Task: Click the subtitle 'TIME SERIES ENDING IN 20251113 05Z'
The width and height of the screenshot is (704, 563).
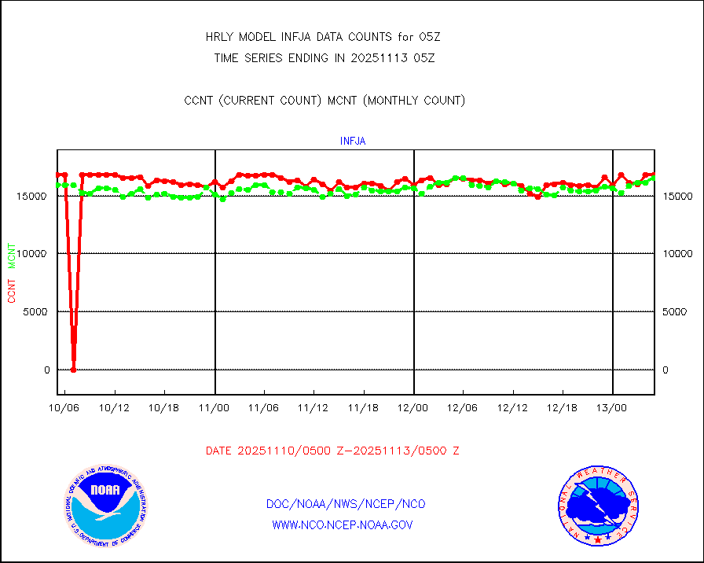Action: click(x=324, y=57)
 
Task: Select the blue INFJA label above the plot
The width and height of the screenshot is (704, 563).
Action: click(x=352, y=142)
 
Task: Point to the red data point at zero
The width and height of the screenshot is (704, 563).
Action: click(x=73, y=369)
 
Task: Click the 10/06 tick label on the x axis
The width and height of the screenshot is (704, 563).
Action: click(x=64, y=408)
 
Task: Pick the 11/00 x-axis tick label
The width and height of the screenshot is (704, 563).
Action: click(x=214, y=408)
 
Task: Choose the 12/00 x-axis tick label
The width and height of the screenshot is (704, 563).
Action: click(x=413, y=408)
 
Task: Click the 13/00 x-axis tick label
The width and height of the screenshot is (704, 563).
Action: click(x=612, y=408)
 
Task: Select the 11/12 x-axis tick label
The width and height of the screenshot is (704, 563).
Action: click(x=313, y=408)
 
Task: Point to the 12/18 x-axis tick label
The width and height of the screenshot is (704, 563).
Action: click(x=563, y=408)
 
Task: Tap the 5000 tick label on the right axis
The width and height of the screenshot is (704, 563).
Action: click(x=673, y=312)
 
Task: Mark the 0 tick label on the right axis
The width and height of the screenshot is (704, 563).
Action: click(x=665, y=370)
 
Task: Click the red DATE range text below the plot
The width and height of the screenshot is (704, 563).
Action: click(x=332, y=451)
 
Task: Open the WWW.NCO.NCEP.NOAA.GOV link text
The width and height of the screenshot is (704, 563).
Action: click(x=342, y=524)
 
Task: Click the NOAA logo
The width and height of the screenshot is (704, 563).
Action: click(x=106, y=504)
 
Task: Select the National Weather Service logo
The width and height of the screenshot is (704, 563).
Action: click(x=596, y=506)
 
